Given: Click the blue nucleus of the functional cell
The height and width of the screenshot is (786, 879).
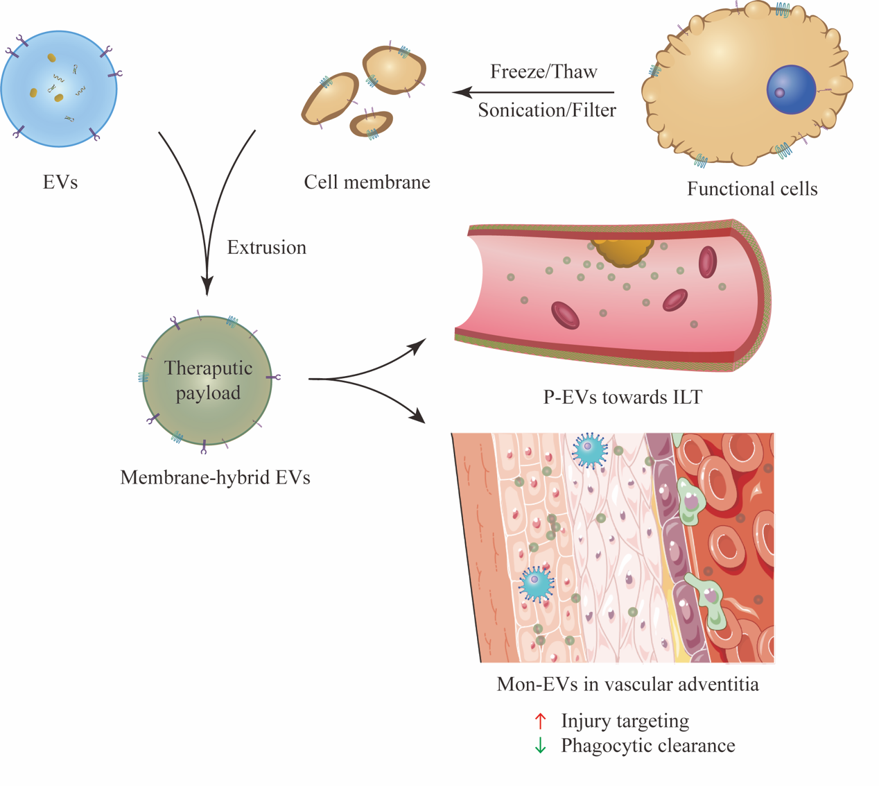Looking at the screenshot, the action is tap(791, 89).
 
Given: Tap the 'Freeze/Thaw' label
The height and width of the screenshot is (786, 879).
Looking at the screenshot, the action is tap(543, 71).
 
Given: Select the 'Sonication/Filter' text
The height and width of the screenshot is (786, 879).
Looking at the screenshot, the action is tap(547, 110).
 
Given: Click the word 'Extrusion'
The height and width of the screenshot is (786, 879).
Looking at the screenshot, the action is tap(266, 248).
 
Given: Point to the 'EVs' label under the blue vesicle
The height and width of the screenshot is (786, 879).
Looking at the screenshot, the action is tap(60, 182).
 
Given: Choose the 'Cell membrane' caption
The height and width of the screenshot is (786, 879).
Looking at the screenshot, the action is tap(367, 182).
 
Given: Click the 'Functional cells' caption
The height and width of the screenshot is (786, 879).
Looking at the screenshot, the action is tap(752, 189).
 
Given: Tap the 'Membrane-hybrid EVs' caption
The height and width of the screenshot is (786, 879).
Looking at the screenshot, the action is tap(215, 477).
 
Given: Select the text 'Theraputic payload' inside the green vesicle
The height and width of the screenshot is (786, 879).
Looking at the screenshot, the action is tap(208, 380).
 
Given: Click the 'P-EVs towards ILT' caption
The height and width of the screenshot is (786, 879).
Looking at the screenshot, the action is tap(623, 397).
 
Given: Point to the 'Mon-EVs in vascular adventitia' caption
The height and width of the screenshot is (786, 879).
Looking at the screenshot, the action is tap(628, 684).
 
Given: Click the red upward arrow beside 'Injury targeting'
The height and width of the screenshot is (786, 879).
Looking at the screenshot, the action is tap(540, 721).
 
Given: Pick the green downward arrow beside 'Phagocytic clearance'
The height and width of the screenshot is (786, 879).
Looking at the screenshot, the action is tap(540, 746).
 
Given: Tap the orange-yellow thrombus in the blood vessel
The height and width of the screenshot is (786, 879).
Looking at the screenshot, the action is tap(622, 251).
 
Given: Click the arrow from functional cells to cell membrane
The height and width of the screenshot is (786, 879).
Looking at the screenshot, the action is tap(533, 92).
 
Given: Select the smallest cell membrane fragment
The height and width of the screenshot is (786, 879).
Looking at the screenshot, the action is tap(372, 123).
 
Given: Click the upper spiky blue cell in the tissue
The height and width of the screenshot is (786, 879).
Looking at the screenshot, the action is tap(589, 450).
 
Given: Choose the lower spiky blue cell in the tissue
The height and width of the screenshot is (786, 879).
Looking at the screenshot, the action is tap(537, 584).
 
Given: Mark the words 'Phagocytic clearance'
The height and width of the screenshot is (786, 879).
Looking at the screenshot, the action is tap(648, 746).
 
